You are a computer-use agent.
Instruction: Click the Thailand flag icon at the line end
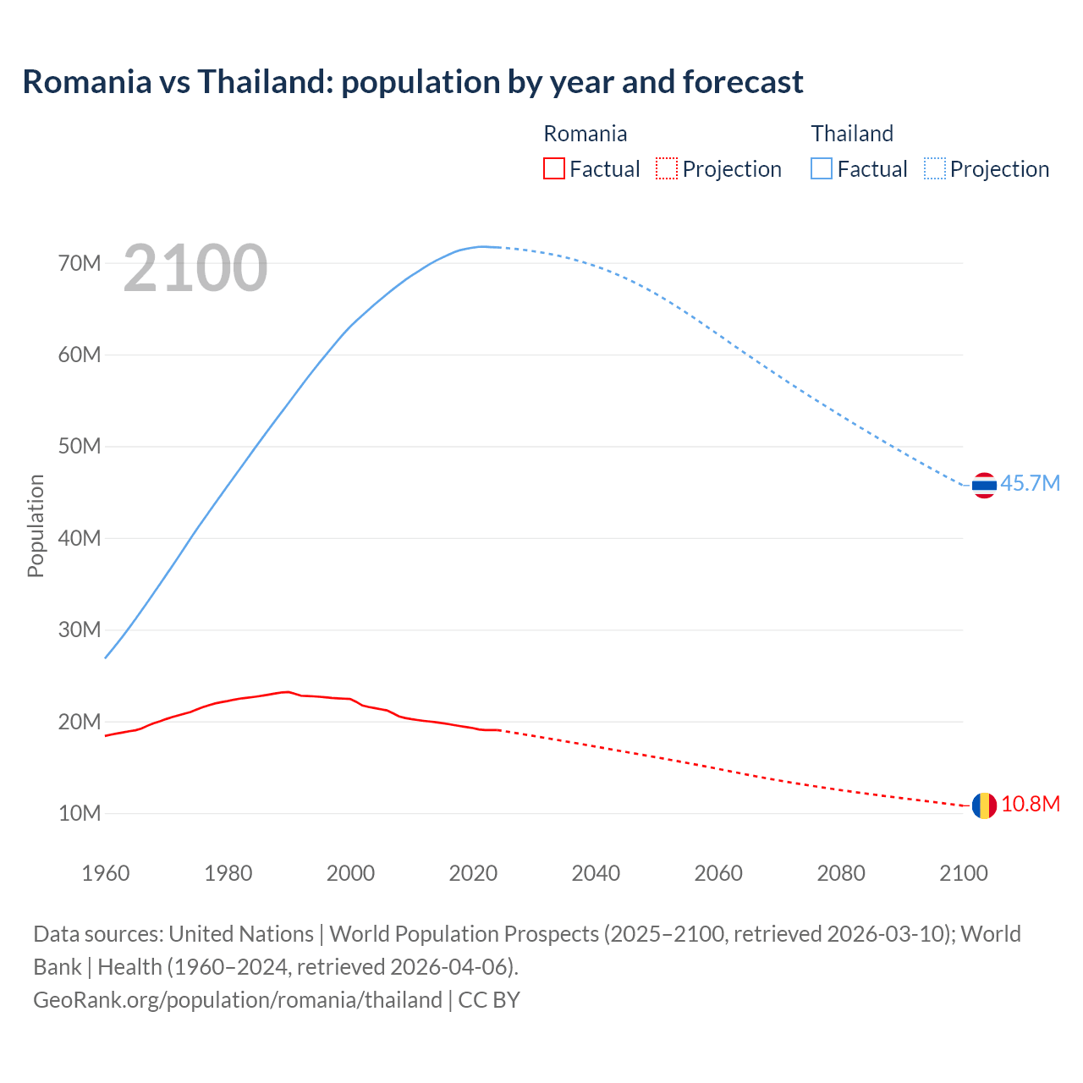984,485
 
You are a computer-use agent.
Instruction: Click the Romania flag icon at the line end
984,805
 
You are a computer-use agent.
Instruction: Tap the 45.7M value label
1030,484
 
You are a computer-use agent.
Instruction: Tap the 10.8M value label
1030,805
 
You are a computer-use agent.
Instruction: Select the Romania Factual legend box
553,169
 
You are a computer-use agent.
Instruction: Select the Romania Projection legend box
667,169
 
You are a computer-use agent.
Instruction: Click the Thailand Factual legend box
822,169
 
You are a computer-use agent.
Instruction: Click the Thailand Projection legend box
935,169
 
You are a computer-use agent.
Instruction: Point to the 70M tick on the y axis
80,263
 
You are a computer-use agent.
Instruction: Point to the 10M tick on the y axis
80,814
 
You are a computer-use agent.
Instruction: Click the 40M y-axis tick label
80,538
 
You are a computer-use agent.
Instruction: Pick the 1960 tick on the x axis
106,873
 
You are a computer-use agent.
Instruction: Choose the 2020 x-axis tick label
473,873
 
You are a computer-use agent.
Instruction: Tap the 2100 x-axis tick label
964,873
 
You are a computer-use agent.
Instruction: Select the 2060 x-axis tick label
718,873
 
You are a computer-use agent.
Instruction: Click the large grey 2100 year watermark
195,268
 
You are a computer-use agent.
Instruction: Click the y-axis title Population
36,526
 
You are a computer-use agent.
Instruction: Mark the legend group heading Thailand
852,134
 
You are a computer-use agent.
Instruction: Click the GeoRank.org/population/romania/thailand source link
238,1000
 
